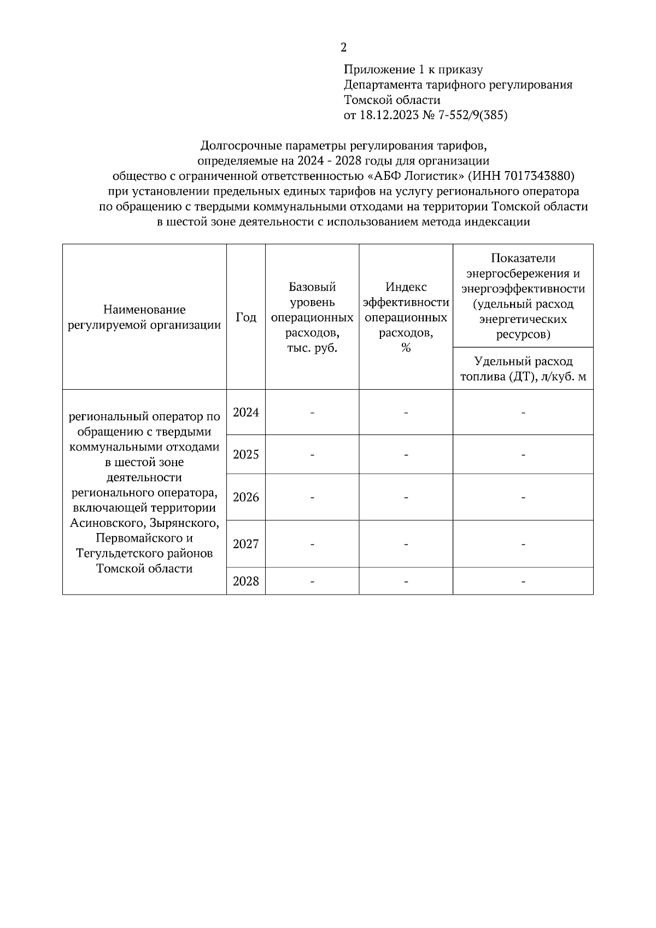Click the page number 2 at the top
pos(343,48)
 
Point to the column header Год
pos(245,317)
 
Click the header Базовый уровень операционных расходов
pos(312,317)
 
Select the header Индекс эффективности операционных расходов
pos(406,317)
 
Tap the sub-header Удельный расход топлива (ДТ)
pos(523,368)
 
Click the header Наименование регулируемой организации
pos(144,317)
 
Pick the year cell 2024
pos(245,412)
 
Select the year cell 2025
pos(245,454)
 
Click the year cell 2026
pos(245,497)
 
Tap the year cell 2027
pos(245,544)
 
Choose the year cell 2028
pos(245,581)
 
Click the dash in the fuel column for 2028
pos(523,582)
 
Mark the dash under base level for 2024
pos(312,413)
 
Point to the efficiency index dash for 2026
pos(406,497)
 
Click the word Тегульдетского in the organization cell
pos(114,554)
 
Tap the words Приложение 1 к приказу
pos(413,69)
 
